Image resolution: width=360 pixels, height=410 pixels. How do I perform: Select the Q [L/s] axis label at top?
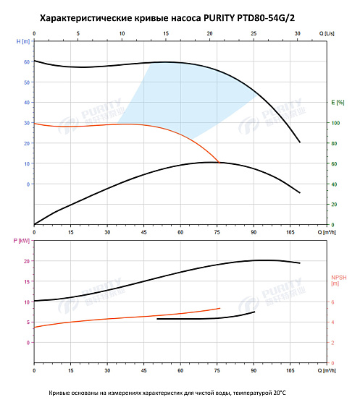coord(326,33)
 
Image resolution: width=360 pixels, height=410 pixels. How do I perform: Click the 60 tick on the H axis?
coord(27,62)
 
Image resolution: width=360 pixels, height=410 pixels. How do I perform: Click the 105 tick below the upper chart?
coord(290,232)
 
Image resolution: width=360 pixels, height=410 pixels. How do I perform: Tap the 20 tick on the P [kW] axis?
coord(28,261)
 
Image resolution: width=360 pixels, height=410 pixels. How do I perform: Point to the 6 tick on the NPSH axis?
coord(333,302)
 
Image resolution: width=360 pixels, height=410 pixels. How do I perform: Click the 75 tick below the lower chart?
coord(217,371)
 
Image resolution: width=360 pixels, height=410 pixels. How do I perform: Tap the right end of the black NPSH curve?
coord(254,312)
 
